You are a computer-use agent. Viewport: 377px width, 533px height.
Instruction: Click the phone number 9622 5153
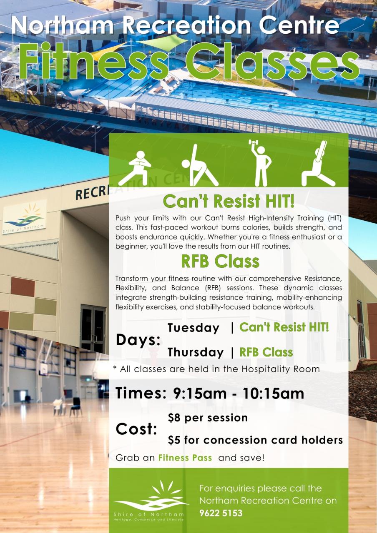[x=221, y=513]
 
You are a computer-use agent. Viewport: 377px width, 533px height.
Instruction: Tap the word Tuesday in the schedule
[x=193, y=328]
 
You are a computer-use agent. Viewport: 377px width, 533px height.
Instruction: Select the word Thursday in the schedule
[x=196, y=352]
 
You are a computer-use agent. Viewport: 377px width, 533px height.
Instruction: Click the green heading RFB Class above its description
[x=220, y=261]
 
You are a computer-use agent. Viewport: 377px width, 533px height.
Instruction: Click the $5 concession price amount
[x=174, y=440]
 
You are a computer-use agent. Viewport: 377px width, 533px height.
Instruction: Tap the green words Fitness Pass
[x=185, y=458]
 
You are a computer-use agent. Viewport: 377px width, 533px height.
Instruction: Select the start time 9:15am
[x=199, y=394]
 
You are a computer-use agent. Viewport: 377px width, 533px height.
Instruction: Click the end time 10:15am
[x=273, y=394]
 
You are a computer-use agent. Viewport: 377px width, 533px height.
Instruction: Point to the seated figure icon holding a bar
[x=318, y=164]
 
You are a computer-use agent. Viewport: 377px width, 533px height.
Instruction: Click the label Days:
[x=138, y=341]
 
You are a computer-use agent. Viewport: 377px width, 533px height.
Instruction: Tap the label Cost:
[x=136, y=429]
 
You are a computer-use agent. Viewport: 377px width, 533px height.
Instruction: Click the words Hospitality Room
[x=280, y=369]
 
